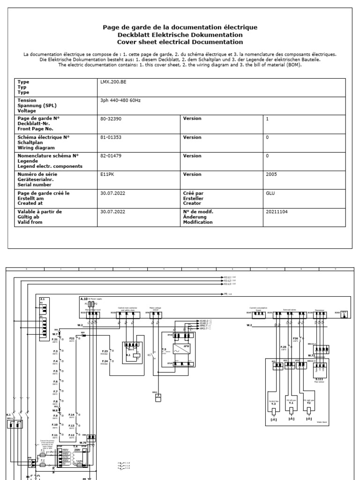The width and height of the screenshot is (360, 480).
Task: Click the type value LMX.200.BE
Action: (113, 82)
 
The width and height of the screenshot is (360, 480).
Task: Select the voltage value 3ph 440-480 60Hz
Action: (121, 100)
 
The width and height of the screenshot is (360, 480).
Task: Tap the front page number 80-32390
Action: (111, 119)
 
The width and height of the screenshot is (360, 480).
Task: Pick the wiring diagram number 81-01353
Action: (111, 137)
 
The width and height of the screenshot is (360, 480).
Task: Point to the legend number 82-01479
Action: (111, 156)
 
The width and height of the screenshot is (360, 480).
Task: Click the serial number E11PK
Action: (107, 174)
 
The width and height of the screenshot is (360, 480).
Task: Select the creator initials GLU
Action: (270, 193)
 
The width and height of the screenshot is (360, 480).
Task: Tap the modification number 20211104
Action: (277, 211)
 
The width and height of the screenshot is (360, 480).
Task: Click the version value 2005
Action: (271, 174)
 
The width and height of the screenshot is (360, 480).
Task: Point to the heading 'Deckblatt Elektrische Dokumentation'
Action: (180, 35)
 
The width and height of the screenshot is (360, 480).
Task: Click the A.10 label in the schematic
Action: (83, 298)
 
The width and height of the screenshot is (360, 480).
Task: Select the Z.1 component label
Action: (42, 299)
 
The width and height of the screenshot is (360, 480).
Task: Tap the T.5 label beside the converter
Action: (164, 349)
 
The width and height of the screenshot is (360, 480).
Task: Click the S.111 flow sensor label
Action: (319, 379)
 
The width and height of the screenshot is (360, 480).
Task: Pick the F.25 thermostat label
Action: (284, 347)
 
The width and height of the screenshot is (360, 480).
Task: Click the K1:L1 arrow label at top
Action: (227, 277)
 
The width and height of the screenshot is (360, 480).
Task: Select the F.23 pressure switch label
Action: (105, 351)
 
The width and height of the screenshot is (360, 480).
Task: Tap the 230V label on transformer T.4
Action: (84, 450)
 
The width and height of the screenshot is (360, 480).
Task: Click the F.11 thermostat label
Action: (55, 435)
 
